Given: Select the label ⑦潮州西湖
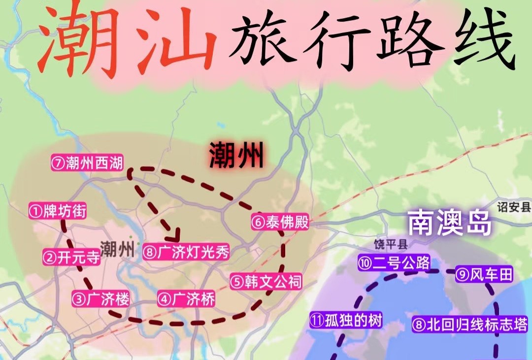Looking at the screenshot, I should tap(87, 163).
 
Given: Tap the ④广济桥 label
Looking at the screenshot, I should tap(186, 298).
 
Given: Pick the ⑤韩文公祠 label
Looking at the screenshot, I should tap(266, 281).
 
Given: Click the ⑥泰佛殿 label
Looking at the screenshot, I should tap(280, 223).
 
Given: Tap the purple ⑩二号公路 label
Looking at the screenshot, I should tap(388, 262).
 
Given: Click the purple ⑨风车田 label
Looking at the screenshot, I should tap(484, 274).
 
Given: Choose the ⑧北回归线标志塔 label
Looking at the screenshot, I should tap(470, 325).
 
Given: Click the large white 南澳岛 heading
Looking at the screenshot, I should tap(449, 224).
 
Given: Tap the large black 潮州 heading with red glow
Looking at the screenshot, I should tap(236, 155).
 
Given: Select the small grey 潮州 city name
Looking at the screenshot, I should tap(116, 249).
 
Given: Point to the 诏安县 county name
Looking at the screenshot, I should tap(514, 207).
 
